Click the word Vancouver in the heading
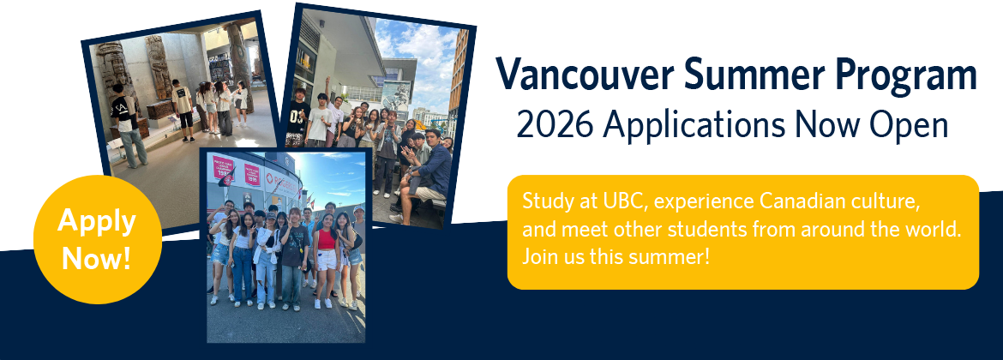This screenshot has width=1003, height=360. pyautogui.click(x=585, y=74)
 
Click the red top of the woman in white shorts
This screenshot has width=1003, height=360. pyautogui.click(x=327, y=239)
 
